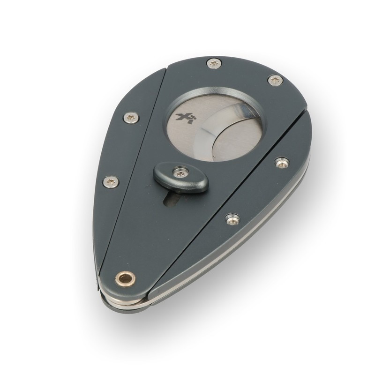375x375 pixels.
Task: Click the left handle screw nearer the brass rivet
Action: point(111,181)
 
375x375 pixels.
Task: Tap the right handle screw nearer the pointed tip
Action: point(231,217)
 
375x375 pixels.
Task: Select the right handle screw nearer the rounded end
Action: point(282,163)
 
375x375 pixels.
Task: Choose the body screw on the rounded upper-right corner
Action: point(276,81)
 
